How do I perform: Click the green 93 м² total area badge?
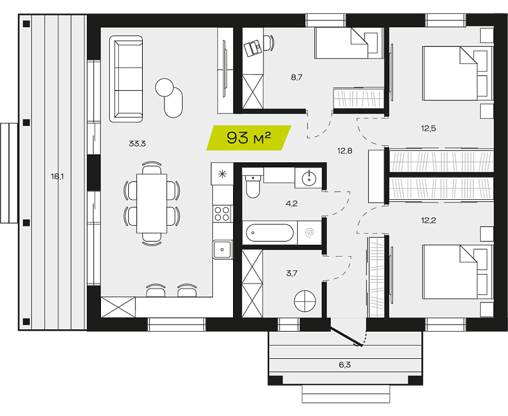tap(249, 138)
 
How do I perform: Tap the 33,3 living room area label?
tap(137, 143)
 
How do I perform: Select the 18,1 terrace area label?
tap(57, 177)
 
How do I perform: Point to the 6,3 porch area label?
tap(345, 365)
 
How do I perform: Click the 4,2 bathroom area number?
tap(291, 204)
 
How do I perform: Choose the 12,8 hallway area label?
tap(345, 151)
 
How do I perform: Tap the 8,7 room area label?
tap(297, 77)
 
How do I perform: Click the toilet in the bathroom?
tap(253, 186)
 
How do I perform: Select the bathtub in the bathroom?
tap(269, 233)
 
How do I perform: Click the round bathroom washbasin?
tap(309, 178)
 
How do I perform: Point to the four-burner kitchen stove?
tap(222, 214)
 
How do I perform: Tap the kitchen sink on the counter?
tap(222, 249)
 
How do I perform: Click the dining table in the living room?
tap(152, 204)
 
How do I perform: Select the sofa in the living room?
tap(126, 79)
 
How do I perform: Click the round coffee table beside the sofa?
tap(164, 87)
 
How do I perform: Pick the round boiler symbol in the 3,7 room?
tap(305, 301)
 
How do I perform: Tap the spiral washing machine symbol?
tap(310, 232)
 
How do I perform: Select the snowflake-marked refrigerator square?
tap(222, 174)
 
